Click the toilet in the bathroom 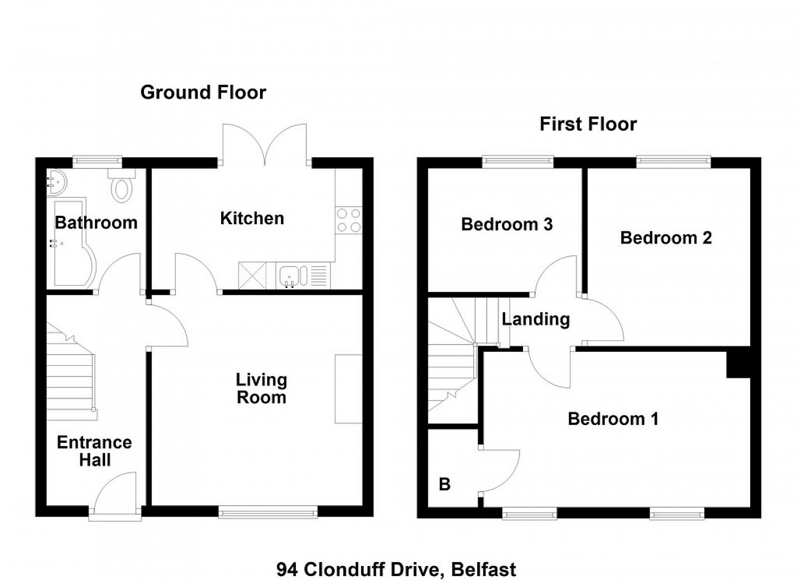[122, 185]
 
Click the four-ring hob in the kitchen [349, 221]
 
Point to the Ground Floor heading [203, 93]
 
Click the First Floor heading [588, 124]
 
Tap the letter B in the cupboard [445, 484]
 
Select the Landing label [536, 319]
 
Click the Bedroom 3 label [507, 225]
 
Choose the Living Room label [262, 389]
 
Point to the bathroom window [98, 161]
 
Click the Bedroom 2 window [673, 161]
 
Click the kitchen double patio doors [265, 145]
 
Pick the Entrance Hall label [95, 451]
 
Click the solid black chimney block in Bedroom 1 [738, 364]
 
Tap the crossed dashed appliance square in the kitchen [252, 275]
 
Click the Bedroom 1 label [613, 419]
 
